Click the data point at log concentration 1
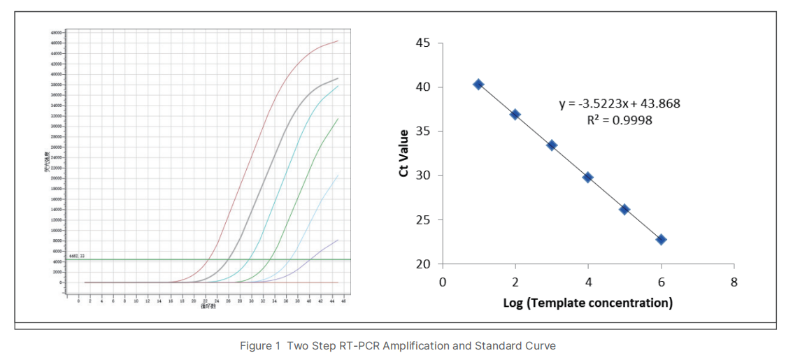(478, 85)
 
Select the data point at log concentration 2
(515, 115)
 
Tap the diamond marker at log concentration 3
(552, 145)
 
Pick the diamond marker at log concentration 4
(588, 178)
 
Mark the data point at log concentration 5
(624, 210)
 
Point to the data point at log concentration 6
(661, 240)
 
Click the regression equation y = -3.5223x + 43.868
(620, 104)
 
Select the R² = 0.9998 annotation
(620, 120)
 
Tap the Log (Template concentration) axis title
(587, 303)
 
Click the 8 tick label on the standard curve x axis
(734, 282)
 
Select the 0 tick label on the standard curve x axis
(442, 282)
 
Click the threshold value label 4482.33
(76, 257)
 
